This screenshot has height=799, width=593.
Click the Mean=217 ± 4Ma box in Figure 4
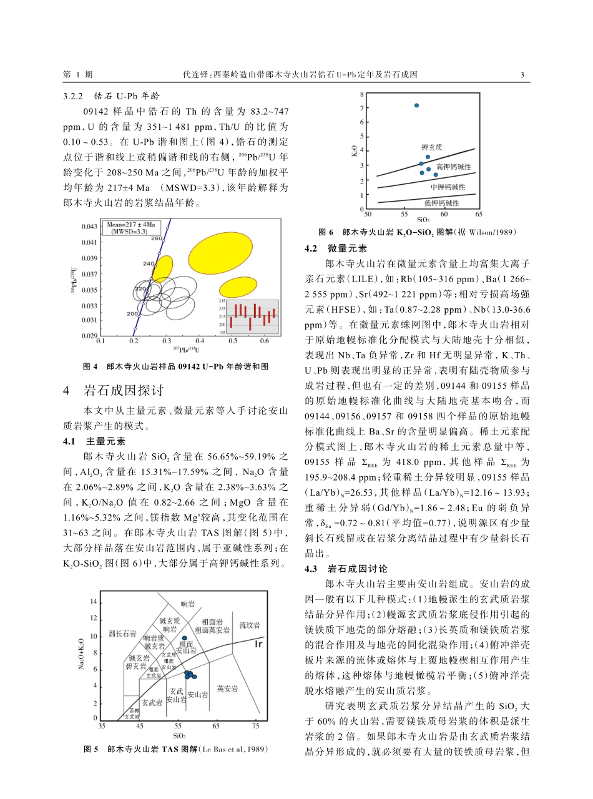click(x=129, y=227)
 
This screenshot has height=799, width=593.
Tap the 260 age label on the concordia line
click(x=157, y=238)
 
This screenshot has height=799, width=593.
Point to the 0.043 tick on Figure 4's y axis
click(x=90, y=226)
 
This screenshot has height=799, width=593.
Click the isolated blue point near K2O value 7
click(x=416, y=105)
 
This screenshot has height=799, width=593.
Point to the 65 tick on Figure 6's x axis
click(x=478, y=214)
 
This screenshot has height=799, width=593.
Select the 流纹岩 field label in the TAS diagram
click(x=250, y=624)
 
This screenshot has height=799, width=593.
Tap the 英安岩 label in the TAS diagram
click(x=227, y=689)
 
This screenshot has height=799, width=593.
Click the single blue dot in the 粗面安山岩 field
click(x=184, y=638)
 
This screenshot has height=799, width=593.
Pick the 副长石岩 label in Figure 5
click(x=122, y=634)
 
